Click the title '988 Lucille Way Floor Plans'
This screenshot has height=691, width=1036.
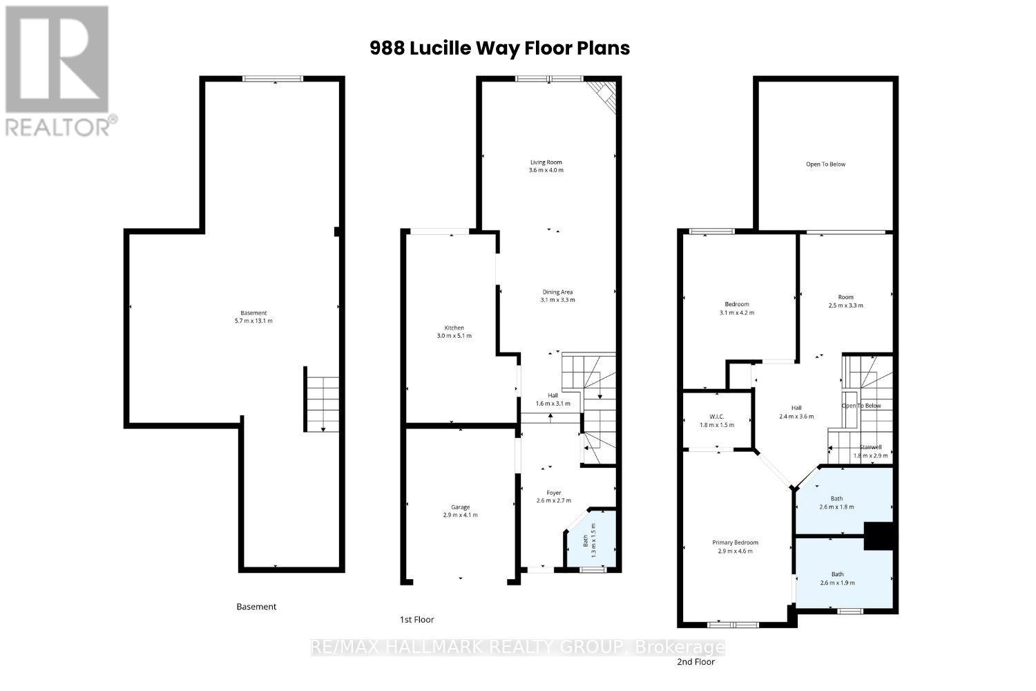pos(499,48)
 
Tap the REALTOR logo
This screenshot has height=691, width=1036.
pos(58,70)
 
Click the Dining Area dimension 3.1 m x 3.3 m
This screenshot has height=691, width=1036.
pos(557,300)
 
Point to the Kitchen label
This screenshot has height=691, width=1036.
pos(454,328)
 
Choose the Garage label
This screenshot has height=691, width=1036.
pos(460,507)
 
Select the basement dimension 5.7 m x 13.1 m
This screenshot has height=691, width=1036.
pos(255,321)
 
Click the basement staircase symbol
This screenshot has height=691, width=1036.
pos(323,404)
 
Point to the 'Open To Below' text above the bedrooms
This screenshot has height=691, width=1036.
pos(825,164)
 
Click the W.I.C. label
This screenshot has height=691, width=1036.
pos(716,417)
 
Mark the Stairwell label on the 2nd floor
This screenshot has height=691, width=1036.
pos(870,447)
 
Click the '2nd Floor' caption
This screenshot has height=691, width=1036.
pos(695,661)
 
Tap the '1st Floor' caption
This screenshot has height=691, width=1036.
pos(417,619)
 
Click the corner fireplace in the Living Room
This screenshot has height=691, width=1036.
pos(603,95)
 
